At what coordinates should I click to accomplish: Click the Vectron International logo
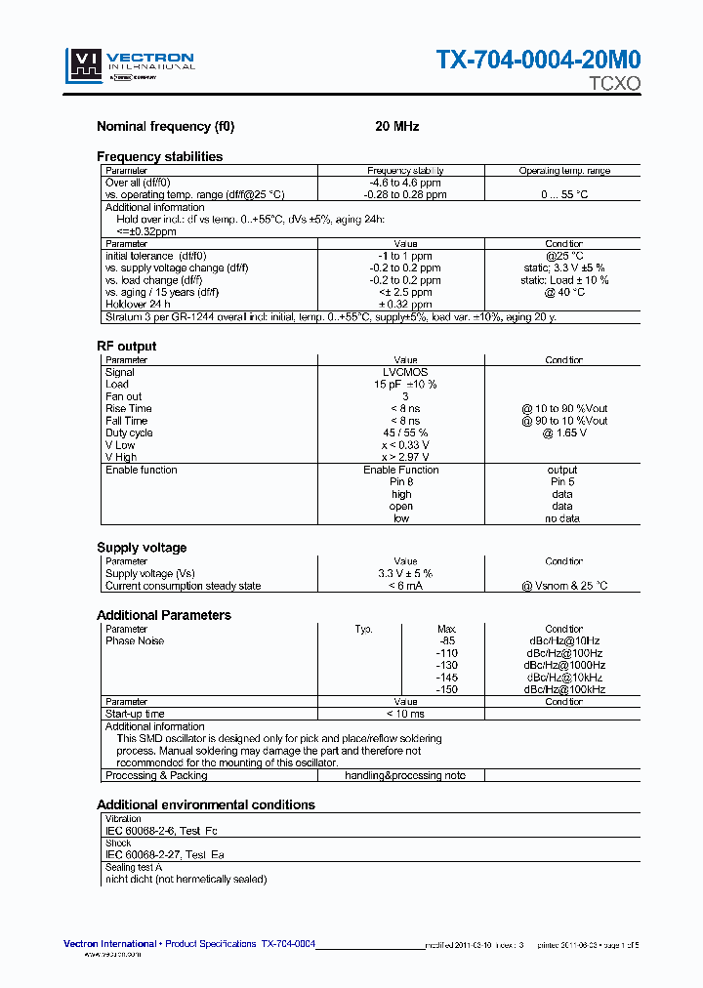pyautogui.click(x=131, y=65)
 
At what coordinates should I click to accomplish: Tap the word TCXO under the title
pyautogui.click(x=614, y=84)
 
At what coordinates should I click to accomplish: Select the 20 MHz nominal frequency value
pyautogui.click(x=397, y=127)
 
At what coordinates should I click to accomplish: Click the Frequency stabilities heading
pyautogui.click(x=159, y=156)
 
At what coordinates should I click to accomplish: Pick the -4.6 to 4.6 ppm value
pyautogui.click(x=405, y=183)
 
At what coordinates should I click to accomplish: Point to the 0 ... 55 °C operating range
pyautogui.click(x=564, y=194)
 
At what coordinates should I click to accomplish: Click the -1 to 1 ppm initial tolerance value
pyautogui.click(x=405, y=256)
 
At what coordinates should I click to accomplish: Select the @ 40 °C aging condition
pyautogui.click(x=564, y=292)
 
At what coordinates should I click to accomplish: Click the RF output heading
pyautogui.click(x=126, y=346)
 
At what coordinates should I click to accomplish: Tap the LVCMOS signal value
pyautogui.click(x=405, y=372)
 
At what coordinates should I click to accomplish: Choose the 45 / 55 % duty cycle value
pyautogui.click(x=405, y=432)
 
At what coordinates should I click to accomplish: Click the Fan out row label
pyautogui.click(x=124, y=396)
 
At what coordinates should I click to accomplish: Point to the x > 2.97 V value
pyautogui.click(x=405, y=457)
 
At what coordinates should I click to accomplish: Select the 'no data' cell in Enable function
pyautogui.click(x=562, y=518)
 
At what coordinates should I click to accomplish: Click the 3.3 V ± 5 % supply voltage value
pyautogui.click(x=405, y=573)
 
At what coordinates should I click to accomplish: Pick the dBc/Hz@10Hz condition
pyautogui.click(x=564, y=640)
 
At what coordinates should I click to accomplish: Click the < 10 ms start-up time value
pyautogui.click(x=405, y=714)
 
